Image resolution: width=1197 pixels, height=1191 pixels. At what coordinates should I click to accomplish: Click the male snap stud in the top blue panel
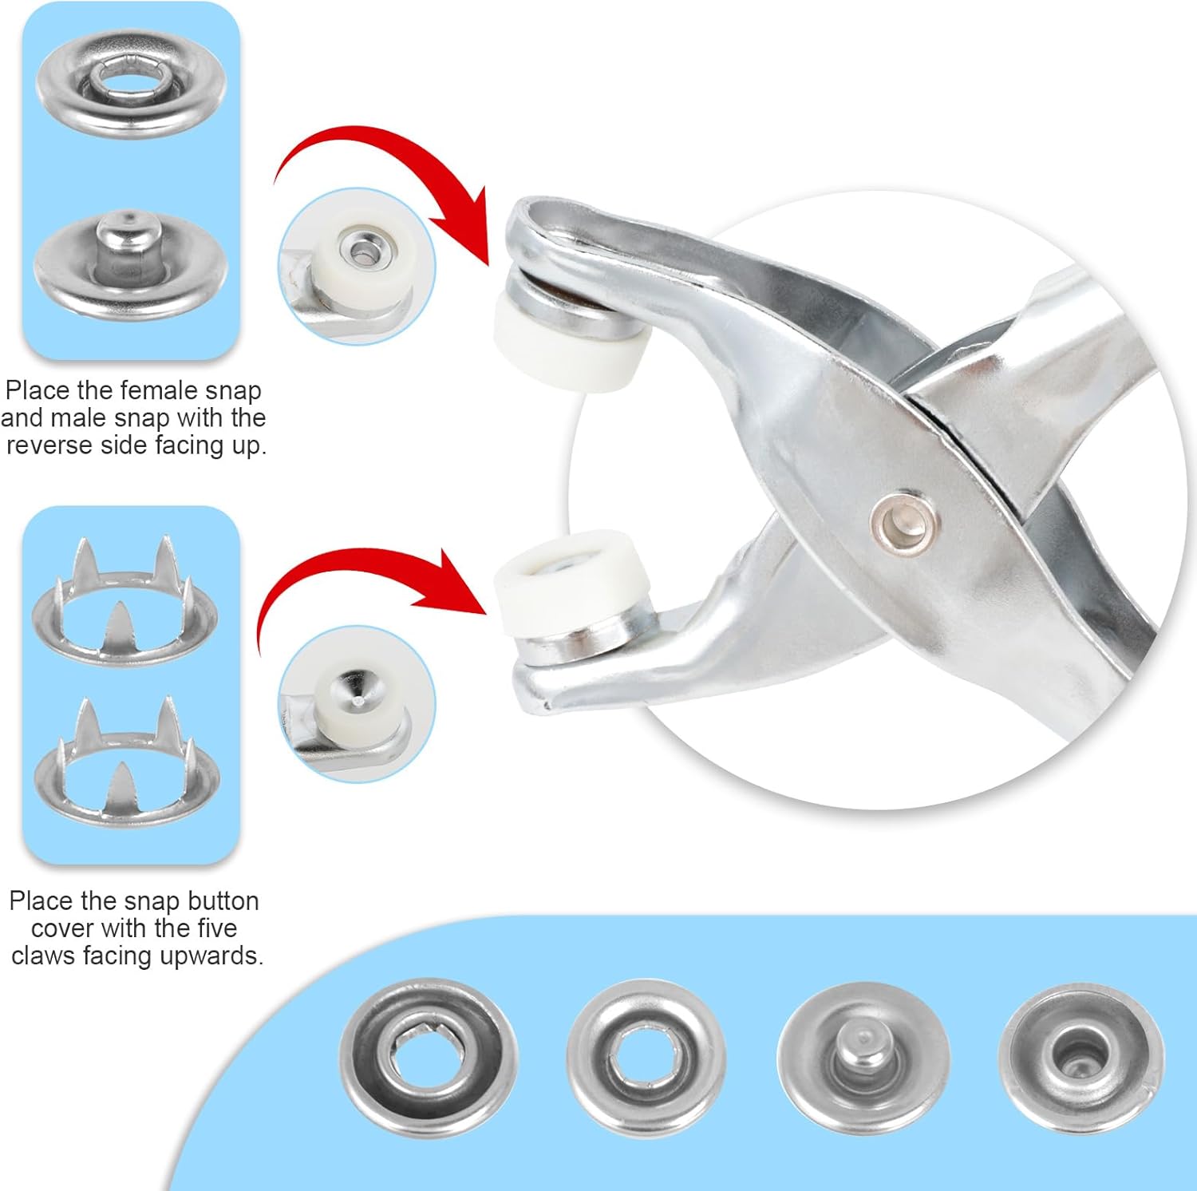(132, 263)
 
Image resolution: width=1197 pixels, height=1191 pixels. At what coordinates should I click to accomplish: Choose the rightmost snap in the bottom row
(1080, 1056)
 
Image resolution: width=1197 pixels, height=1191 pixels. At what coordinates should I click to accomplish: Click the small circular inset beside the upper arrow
(357, 266)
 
